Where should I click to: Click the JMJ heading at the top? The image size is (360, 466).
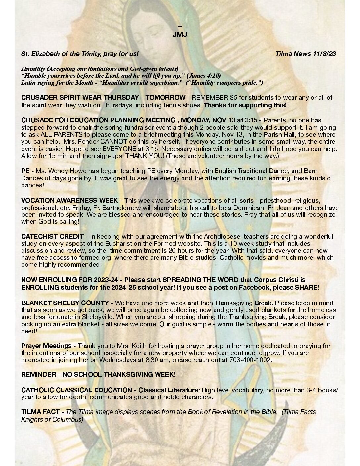point(180,35)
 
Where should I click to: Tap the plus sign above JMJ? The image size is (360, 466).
point(180,26)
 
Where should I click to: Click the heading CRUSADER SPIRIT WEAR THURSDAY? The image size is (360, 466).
point(80,98)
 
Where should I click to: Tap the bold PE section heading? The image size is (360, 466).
point(25,171)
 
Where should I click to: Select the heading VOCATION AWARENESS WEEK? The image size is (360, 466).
point(69,201)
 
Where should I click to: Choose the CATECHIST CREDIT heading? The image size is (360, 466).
point(53,237)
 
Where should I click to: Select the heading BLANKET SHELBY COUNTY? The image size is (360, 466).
point(65,303)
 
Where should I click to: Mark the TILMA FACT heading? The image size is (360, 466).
point(40,412)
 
